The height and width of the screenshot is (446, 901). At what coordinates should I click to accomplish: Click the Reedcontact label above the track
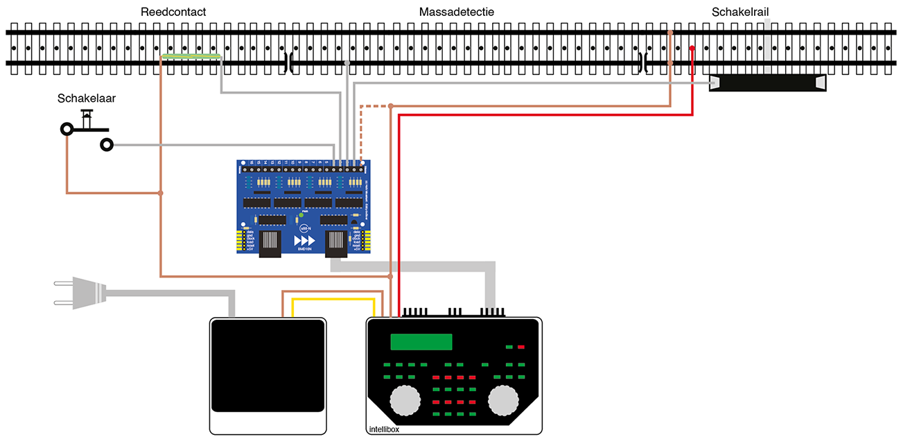[x=173, y=12]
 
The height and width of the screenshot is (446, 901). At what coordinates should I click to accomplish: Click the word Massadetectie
[x=456, y=12]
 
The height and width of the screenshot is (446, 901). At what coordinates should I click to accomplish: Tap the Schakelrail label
[x=740, y=12]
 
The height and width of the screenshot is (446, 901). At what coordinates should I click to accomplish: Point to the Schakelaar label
[x=87, y=99]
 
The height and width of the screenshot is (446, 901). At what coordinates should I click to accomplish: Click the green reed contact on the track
[x=191, y=56]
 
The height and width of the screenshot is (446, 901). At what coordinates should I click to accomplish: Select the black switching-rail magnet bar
[x=768, y=83]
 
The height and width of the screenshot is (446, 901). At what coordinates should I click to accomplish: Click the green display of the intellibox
[x=421, y=342]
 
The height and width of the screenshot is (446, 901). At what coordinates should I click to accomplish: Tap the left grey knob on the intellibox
[x=405, y=400]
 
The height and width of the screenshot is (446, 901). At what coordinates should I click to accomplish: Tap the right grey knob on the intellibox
[x=504, y=400]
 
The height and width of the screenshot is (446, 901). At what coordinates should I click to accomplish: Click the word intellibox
[x=383, y=429]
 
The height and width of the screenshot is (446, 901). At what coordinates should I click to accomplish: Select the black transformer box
[x=268, y=365]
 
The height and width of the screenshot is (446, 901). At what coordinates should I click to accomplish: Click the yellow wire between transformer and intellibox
[x=333, y=300]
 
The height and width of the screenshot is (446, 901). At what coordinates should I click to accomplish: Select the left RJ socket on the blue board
[x=271, y=243]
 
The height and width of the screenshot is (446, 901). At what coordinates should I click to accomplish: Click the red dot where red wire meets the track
[x=692, y=48]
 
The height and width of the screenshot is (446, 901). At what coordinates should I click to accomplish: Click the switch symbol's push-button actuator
[x=87, y=118]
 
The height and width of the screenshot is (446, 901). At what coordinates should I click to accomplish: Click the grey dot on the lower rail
[x=347, y=62]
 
